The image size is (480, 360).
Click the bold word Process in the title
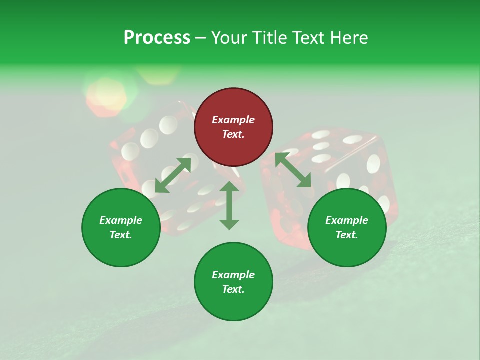157,38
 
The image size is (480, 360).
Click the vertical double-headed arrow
229,205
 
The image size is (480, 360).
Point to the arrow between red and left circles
173,175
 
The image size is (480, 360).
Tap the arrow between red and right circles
293,170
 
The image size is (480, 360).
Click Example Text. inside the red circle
233,127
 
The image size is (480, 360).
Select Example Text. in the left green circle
121,227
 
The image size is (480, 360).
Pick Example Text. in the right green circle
347,227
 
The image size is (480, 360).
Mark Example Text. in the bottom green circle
233,282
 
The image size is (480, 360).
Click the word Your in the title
228,38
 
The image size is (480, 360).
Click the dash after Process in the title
200,38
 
